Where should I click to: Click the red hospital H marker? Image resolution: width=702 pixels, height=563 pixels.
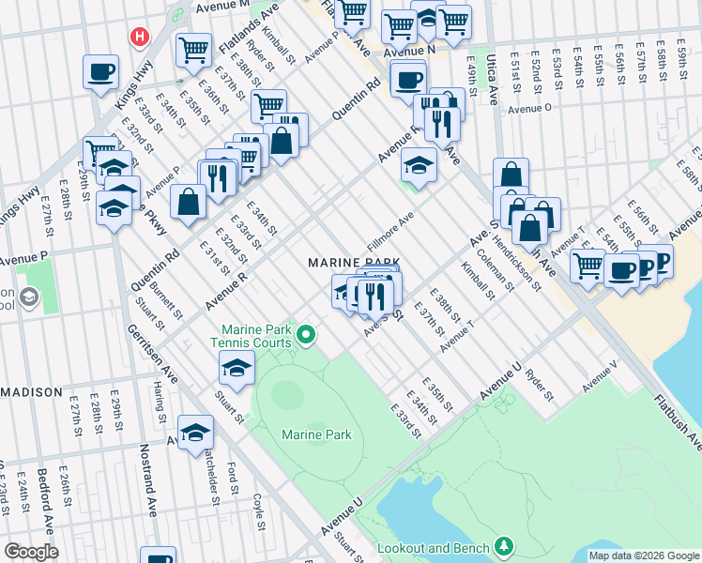[140, 37]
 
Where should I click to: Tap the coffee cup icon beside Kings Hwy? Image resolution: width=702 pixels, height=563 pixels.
[100, 72]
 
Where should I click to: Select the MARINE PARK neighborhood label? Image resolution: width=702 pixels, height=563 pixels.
[356, 262]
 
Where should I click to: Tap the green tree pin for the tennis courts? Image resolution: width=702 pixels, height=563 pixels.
[305, 334]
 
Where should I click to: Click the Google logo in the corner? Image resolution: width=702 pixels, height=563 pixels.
[31, 552]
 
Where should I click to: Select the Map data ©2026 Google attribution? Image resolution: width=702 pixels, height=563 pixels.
[643, 555]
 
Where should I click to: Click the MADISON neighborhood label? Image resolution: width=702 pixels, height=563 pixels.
[31, 391]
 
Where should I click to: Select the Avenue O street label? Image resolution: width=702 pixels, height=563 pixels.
[529, 108]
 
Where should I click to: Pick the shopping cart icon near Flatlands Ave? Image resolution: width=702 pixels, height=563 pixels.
[194, 49]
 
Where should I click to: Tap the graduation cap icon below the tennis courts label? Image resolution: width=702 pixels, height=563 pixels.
[237, 369]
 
